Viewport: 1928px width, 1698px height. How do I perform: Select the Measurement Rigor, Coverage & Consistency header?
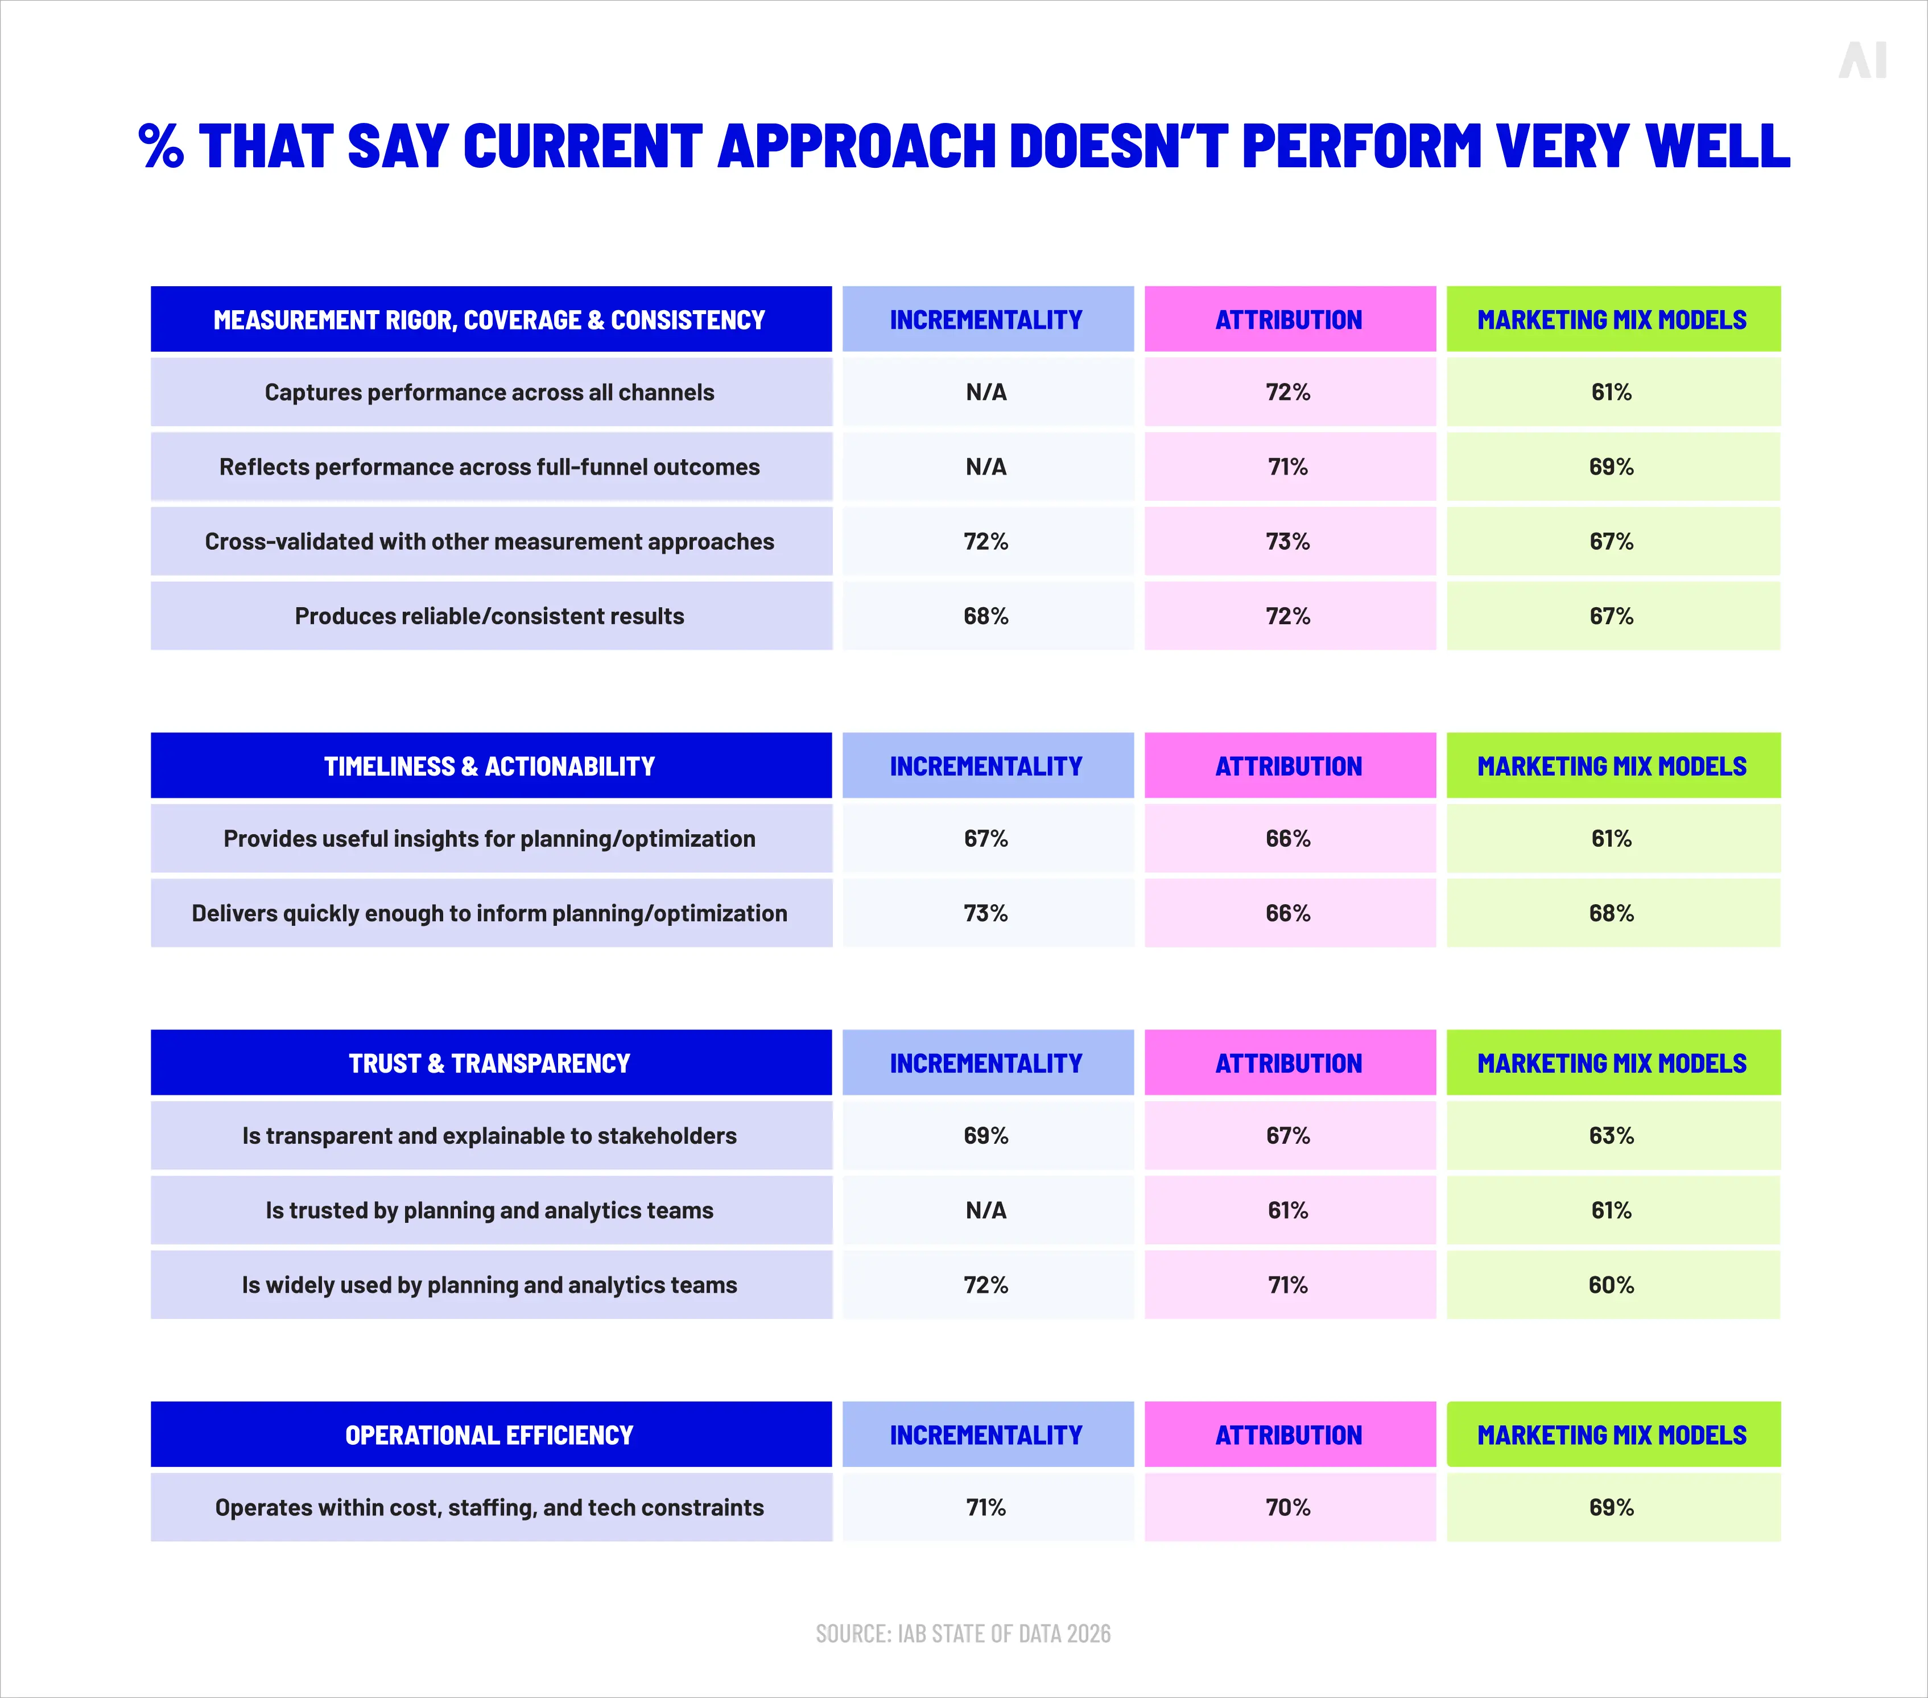click(x=490, y=320)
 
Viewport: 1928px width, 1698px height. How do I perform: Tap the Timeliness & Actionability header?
click(x=490, y=766)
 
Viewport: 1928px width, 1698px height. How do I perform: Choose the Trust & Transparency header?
click(x=490, y=1063)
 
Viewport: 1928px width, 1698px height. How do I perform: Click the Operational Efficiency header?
click(x=490, y=1435)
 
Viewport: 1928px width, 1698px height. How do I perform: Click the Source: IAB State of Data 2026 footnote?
click(x=963, y=1634)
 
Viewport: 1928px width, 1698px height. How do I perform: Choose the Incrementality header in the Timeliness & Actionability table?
click(x=986, y=766)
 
